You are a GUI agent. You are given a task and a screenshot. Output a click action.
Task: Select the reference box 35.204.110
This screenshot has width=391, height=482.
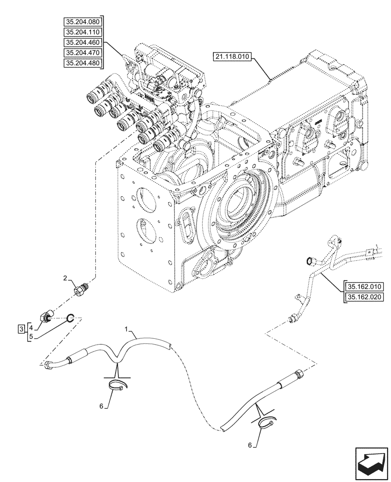(82, 32)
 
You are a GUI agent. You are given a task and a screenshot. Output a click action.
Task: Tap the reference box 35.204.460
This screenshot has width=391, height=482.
(82, 42)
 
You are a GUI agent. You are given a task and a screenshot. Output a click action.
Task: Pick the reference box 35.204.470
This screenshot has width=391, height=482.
(82, 53)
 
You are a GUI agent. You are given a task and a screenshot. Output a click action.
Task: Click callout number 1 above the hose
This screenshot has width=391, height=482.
(127, 329)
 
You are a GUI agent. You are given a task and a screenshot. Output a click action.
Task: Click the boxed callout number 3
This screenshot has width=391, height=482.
(21, 329)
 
